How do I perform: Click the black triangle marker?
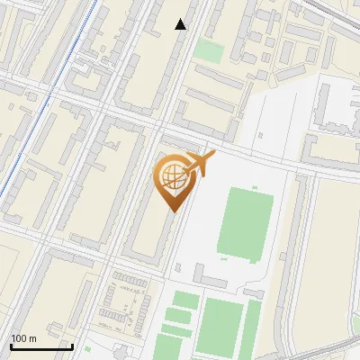(181, 24)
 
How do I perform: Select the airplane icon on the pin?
(198, 164)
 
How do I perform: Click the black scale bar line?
(40, 346)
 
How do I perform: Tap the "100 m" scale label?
(24, 338)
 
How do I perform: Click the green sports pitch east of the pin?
(246, 222)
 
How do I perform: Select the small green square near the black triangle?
(208, 50)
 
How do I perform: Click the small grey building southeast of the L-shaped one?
(253, 293)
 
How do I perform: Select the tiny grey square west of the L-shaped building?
(177, 267)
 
